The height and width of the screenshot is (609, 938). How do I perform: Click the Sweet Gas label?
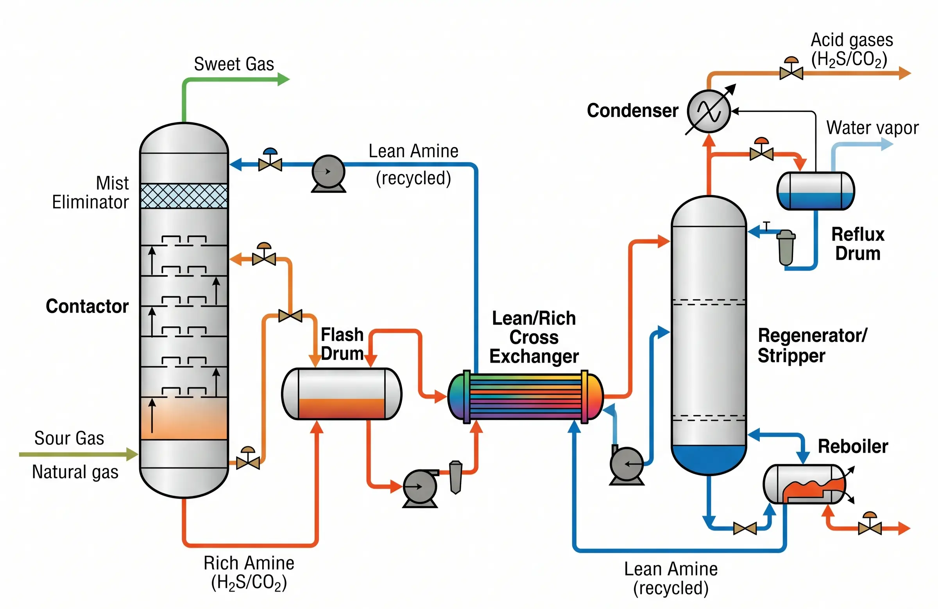click(234, 64)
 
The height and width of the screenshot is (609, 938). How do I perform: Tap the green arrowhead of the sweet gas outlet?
click(284, 79)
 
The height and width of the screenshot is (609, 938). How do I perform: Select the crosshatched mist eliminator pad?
click(184, 196)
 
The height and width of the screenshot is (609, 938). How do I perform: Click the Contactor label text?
click(87, 306)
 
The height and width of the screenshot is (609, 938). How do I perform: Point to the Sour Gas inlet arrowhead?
click(132, 455)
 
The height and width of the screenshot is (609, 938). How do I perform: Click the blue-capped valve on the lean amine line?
click(270, 162)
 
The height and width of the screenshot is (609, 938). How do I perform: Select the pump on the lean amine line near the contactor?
click(328, 172)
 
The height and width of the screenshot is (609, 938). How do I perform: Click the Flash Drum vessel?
click(342, 393)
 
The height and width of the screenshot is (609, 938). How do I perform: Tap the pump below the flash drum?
click(420, 487)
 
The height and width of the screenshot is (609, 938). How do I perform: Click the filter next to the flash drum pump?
click(456, 477)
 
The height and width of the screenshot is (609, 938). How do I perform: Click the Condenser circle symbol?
click(709, 111)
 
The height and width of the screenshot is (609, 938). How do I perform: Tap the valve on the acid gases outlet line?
click(791, 72)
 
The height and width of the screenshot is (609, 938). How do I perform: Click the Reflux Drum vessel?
click(815, 190)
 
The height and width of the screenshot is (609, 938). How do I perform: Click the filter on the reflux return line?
click(786, 248)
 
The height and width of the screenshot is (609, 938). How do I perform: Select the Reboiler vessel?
click(804, 484)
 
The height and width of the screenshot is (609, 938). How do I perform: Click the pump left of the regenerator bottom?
click(627, 464)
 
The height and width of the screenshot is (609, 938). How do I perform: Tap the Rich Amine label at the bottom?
click(249, 563)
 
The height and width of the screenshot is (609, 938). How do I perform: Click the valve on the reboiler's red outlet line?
click(870, 526)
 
